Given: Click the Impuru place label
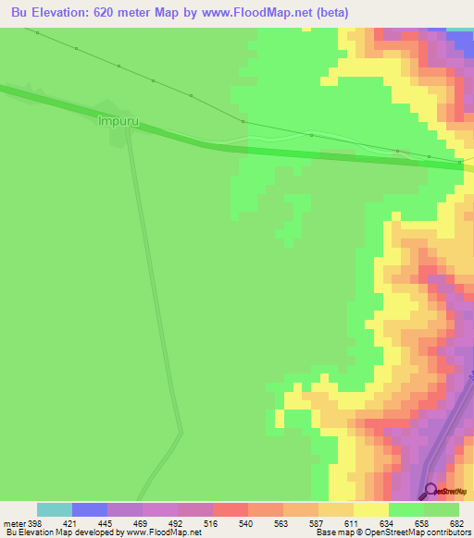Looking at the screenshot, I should coord(117,119).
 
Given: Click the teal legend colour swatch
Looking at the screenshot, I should coord(55,509).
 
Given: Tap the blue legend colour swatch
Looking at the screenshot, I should coord(90,509).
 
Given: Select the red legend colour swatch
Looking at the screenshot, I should coord(231,509).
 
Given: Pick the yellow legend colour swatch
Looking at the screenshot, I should coord(371,509).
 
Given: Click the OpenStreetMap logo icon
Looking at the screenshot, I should coord(430,490).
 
